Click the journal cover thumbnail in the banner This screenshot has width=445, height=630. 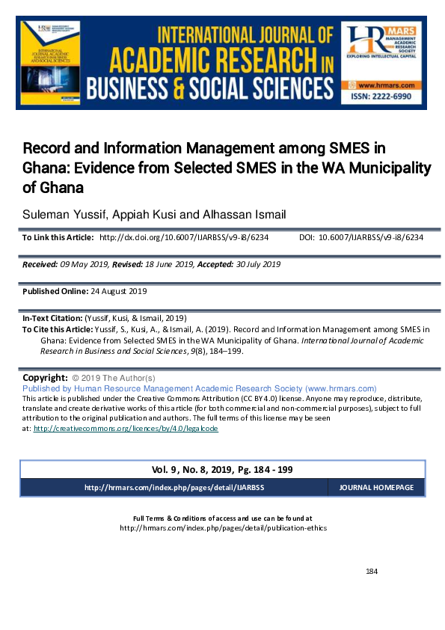(x=52, y=66)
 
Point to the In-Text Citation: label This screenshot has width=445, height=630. (x=53, y=318)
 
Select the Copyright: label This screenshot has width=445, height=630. (x=46, y=378)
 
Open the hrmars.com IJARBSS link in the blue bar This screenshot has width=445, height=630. (x=174, y=487)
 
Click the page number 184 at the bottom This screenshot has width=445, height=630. (x=372, y=572)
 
